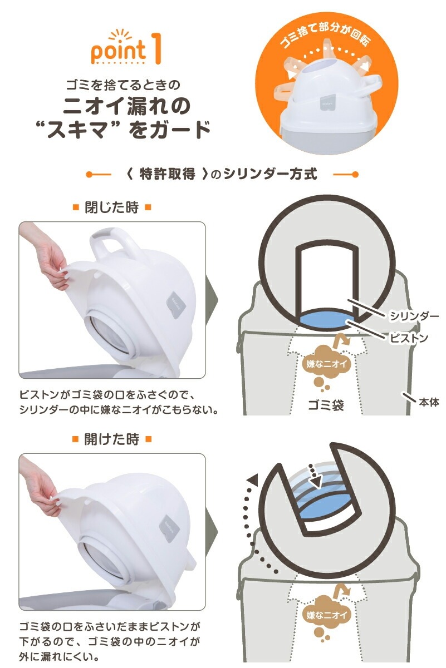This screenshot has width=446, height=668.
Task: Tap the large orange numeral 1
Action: tap(156, 48)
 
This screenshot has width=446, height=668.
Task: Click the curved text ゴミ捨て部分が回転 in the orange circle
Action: tap(325, 35)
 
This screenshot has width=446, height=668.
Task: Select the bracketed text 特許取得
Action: tap(167, 175)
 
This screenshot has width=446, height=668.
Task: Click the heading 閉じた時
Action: tap(112, 207)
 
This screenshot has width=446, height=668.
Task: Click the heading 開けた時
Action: tap(112, 439)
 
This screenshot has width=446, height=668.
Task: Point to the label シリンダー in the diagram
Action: tap(414, 316)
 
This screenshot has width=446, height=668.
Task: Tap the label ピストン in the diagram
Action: tap(409, 338)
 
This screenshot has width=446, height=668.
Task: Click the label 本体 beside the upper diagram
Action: tap(429, 402)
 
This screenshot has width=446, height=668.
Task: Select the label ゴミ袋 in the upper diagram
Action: tap(326, 405)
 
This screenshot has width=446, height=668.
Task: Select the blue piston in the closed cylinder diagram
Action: tap(327, 320)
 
